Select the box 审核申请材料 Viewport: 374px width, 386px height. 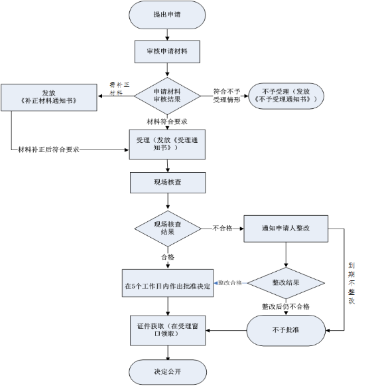point(167,51)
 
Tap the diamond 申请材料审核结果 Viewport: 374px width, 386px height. point(167,95)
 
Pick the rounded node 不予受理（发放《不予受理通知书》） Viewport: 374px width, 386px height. point(284,94)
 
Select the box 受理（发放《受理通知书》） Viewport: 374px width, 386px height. point(167,144)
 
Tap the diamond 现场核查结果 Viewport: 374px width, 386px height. point(167,228)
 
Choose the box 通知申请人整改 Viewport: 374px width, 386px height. point(286,228)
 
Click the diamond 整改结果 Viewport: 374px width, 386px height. point(286,282)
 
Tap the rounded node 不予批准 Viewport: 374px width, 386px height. point(286,328)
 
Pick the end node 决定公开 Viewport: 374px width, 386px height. point(167,371)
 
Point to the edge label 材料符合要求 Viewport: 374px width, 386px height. point(167,122)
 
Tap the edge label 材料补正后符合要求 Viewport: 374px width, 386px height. point(50,149)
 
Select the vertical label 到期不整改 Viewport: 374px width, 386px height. point(352,282)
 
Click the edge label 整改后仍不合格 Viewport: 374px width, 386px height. point(286,306)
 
